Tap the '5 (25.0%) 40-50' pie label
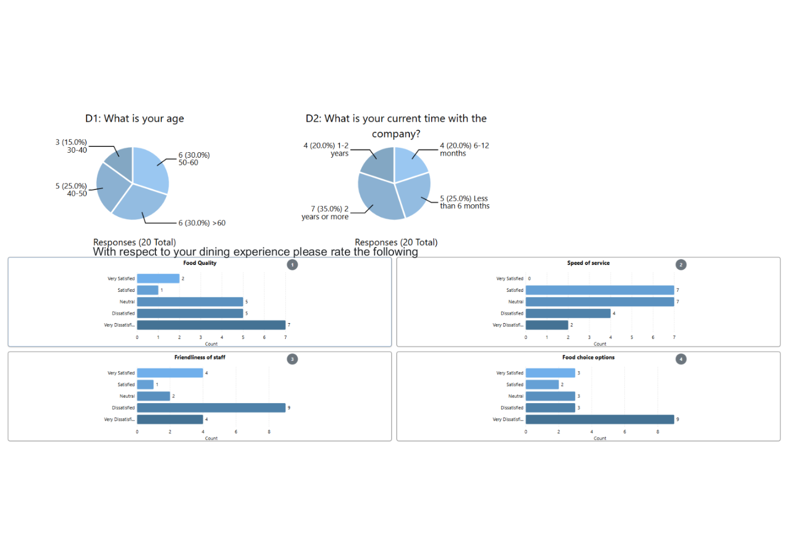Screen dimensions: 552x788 coord(71,190)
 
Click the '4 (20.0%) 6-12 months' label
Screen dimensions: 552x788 coord(464,150)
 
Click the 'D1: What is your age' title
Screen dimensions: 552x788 coord(135,119)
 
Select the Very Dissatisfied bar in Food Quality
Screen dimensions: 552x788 coord(211,325)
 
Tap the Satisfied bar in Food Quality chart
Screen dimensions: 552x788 coord(147,290)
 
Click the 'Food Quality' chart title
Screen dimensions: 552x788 coord(200,263)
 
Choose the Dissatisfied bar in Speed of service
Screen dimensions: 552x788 coord(567,313)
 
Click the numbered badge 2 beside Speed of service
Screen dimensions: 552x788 coord(681,265)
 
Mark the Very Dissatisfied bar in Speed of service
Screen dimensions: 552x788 coord(547,325)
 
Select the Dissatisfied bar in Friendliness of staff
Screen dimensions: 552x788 coord(211,408)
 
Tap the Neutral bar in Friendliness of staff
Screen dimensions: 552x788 coord(153,396)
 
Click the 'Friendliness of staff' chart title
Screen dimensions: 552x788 coord(200,358)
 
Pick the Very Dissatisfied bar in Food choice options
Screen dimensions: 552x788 coord(599,419)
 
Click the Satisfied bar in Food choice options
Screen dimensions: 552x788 coord(542,384)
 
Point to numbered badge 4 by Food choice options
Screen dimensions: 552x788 coord(681,359)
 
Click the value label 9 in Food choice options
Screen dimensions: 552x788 coord(677,419)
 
